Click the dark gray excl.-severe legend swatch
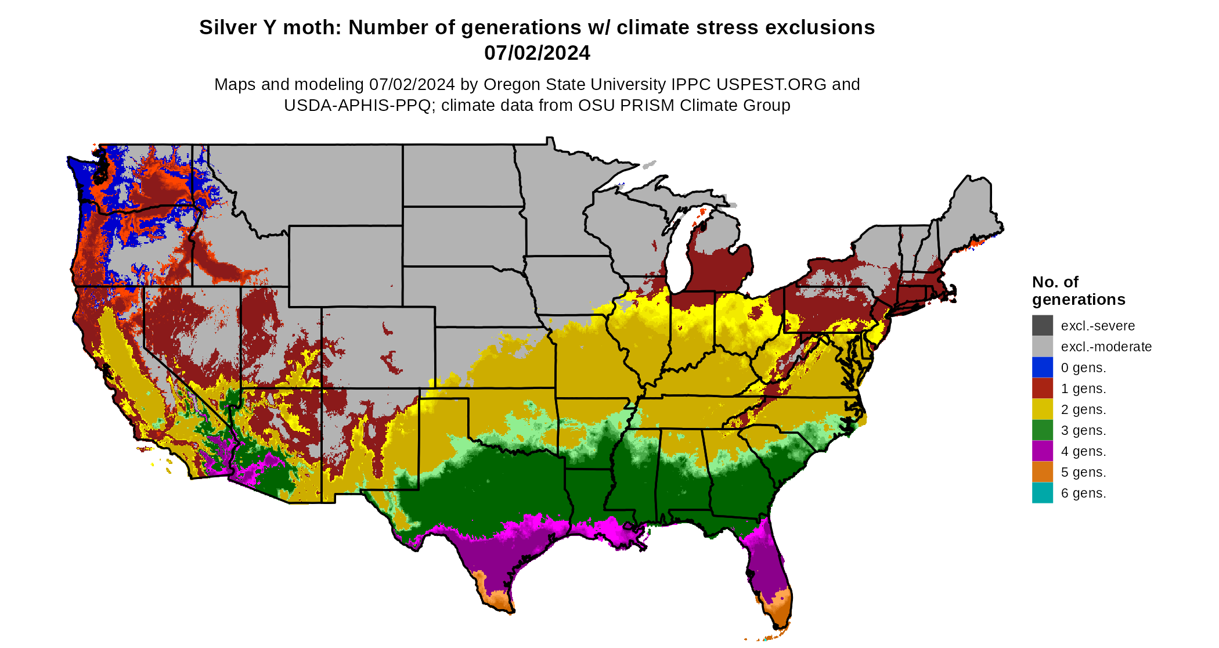(x=1042, y=326)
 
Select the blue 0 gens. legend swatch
(x=1042, y=368)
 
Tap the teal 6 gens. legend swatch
(x=1042, y=493)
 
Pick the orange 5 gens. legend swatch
(x=1042, y=472)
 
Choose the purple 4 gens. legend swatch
(x=1042, y=451)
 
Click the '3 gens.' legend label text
(x=1083, y=430)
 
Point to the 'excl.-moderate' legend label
(x=1106, y=347)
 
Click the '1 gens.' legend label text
(x=1083, y=388)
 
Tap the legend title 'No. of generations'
(x=1078, y=291)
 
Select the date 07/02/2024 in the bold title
(x=537, y=53)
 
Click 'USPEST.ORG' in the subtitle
(x=771, y=84)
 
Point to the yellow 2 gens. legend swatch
(x=1042, y=409)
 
